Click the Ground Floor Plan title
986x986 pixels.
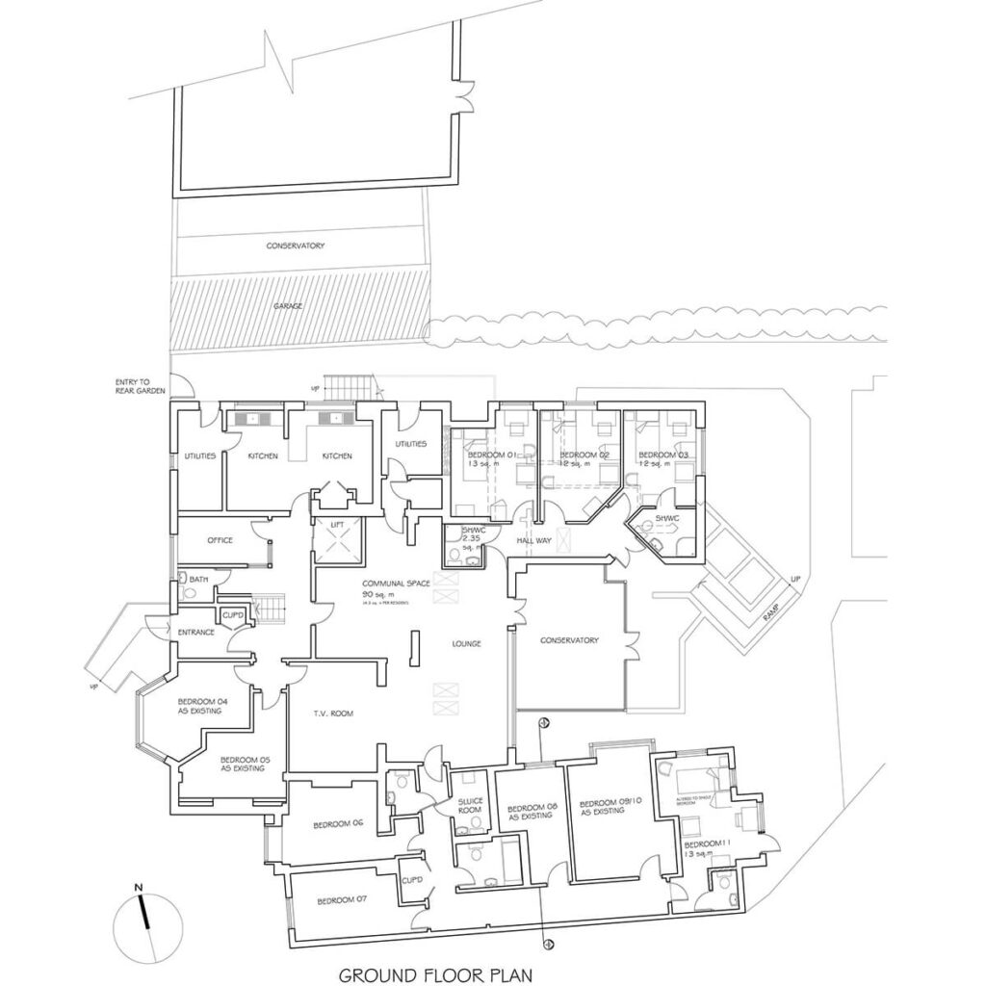pos(436,973)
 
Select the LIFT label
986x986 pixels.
pos(337,524)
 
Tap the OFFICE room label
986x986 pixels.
pos(221,540)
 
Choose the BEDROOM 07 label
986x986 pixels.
pos(337,900)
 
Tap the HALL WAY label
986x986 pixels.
pos(533,541)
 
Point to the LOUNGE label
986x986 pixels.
pos(466,643)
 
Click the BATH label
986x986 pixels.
pos(198,579)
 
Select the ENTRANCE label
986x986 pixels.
pos(195,632)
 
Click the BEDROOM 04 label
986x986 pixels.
pos(199,706)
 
